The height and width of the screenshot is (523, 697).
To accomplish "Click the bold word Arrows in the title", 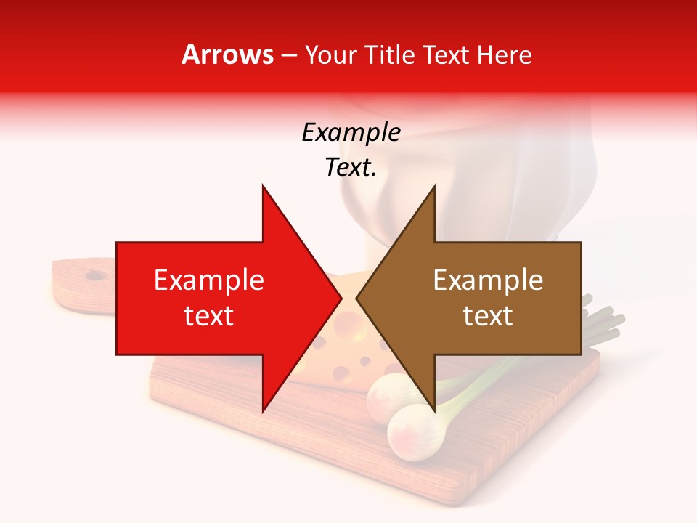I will coord(228,54).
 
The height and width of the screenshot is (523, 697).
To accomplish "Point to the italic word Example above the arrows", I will coord(351,133).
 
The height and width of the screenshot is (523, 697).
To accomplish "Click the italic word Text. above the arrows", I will coord(351,168).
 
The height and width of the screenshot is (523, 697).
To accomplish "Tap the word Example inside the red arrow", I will coord(209,280).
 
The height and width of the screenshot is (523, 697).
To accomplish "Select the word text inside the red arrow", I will coord(209,316).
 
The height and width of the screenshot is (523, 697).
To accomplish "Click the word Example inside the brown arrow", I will coord(488,280).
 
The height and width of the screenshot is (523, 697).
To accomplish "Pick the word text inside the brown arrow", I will coord(488,316).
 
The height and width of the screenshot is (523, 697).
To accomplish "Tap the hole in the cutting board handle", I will coord(94,275).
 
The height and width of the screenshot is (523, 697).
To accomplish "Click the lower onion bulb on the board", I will coord(415,433).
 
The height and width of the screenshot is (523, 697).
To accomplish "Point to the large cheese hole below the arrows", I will coord(341,374).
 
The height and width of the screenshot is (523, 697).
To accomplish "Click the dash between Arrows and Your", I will coord(288,55).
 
